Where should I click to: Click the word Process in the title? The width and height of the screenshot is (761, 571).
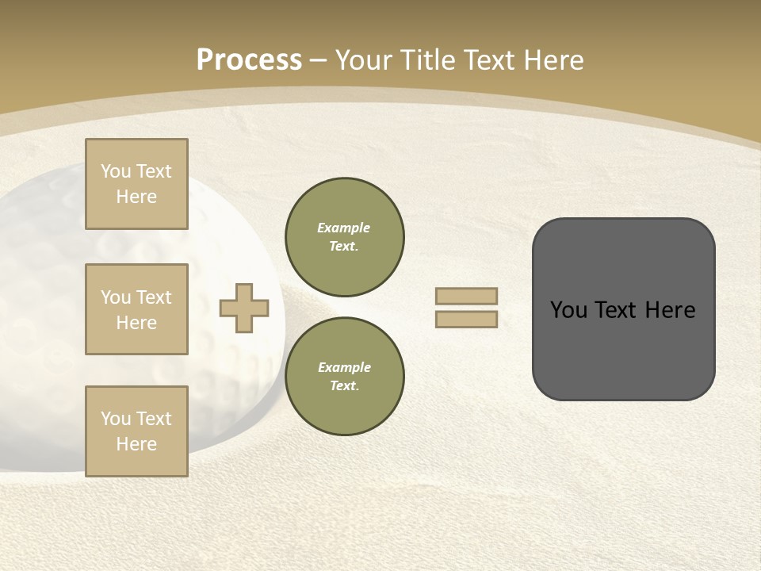click(x=249, y=60)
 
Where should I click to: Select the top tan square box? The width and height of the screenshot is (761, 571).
click(x=136, y=184)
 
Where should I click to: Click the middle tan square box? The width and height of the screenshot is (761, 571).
click(x=136, y=309)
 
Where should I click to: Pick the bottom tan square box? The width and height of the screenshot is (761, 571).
click(x=136, y=431)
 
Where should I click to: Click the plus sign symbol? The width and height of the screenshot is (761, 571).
click(x=244, y=308)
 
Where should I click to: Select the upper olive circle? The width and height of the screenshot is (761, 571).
click(x=345, y=237)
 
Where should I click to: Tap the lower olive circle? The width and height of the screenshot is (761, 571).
click(x=345, y=377)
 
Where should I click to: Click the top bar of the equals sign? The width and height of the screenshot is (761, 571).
click(x=466, y=297)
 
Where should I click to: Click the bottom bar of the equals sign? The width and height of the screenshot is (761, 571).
click(x=466, y=320)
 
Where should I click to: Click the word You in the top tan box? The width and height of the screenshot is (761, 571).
click(x=116, y=171)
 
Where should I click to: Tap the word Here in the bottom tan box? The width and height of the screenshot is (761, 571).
click(x=136, y=444)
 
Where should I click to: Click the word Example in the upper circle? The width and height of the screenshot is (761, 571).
click(x=344, y=228)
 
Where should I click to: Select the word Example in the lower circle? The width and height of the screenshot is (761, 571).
click(x=344, y=367)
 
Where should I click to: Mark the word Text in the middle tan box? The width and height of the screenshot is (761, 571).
click(x=153, y=297)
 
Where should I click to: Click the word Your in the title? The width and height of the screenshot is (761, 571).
click(x=365, y=60)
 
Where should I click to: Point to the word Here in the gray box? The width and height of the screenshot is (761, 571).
click(x=670, y=310)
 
